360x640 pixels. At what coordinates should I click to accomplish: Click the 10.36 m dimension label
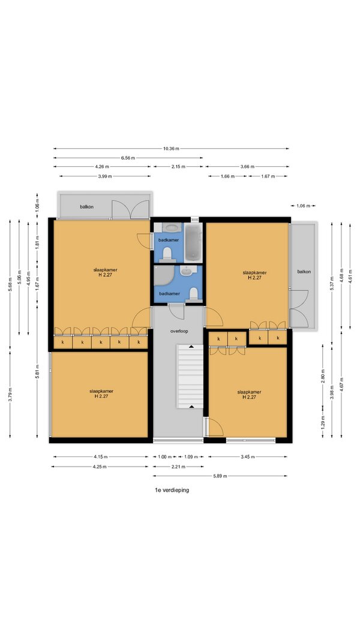point(172,149)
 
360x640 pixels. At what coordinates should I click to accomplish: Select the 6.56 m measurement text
point(128,158)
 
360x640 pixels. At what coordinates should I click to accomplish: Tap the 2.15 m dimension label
point(178,167)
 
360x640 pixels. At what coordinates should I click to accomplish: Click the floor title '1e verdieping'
point(172,490)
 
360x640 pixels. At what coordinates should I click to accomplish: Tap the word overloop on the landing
point(179,332)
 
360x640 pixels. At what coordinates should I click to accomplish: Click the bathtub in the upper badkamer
point(193,242)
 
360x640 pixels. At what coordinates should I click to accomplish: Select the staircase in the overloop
point(190,376)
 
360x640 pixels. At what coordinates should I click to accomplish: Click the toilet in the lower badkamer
point(194,294)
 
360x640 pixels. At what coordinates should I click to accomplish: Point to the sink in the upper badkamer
point(169,227)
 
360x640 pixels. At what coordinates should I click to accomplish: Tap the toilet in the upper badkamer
point(167,255)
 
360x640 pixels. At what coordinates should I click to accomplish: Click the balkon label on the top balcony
point(86,207)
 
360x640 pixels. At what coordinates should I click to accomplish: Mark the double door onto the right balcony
point(299,308)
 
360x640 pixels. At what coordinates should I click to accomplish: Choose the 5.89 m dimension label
point(220,476)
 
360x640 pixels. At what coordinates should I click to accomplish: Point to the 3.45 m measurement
point(247,456)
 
